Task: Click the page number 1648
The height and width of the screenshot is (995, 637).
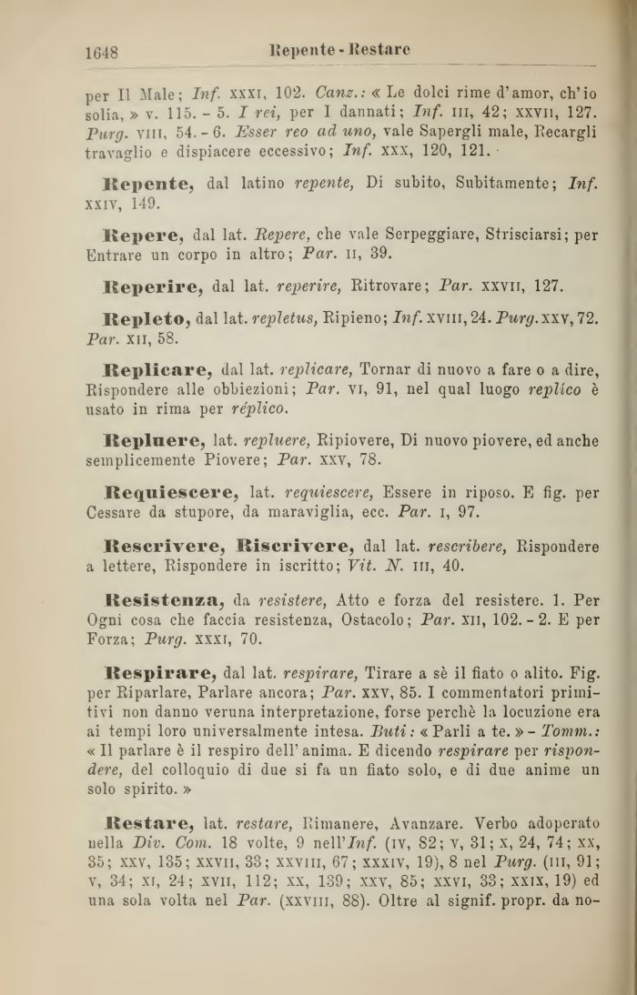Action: pos(102,53)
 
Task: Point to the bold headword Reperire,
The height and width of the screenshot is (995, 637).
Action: pos(156,287)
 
